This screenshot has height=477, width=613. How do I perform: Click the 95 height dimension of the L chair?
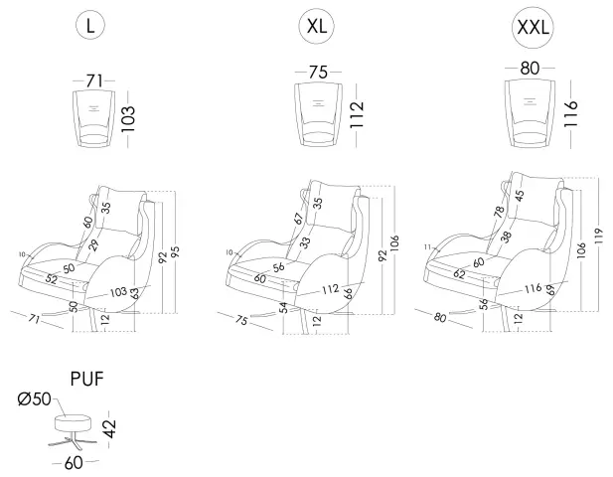pyautogui.click(x=177, y=253)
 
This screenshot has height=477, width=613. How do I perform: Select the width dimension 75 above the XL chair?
pyautogui.click(x=318, y=73)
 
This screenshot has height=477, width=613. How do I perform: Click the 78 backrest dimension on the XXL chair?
pyautogui.click(x=498, y=212)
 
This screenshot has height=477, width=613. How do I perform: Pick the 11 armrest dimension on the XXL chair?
pyautogui.click(x=427, y=246)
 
